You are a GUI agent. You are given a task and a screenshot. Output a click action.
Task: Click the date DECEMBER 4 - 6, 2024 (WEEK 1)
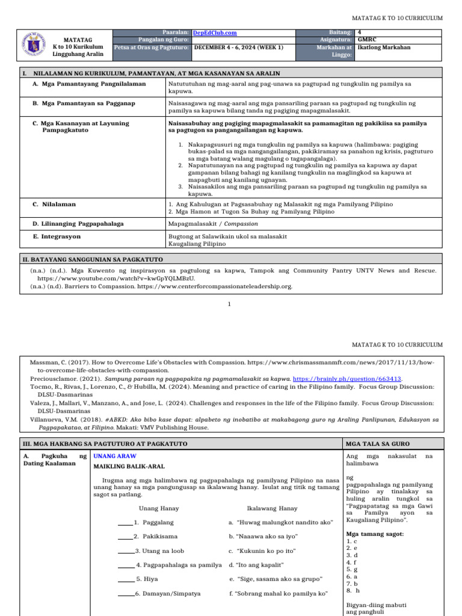[x=238, y=47]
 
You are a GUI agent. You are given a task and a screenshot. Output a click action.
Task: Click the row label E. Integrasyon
[x=61, y=236]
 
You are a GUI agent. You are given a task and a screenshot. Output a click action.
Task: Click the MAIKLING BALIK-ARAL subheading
[x=129, y=466]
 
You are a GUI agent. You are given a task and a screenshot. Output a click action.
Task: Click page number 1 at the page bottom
[x=229, y=304]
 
